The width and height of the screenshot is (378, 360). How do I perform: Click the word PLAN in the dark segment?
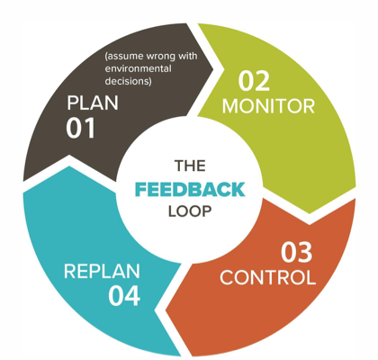93,103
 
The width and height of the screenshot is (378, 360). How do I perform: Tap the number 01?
81,128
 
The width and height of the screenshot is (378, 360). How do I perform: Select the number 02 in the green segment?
254,81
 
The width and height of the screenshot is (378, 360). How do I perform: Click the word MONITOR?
268,106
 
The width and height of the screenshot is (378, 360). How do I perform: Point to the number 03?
297,253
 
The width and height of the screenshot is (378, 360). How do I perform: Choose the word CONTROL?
268,277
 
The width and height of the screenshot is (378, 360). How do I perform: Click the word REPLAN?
102,272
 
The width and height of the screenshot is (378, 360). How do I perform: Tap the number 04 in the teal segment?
124,296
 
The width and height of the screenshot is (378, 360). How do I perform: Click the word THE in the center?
190,166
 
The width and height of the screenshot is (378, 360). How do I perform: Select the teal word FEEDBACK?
190,190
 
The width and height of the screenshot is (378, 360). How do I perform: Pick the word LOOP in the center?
190,211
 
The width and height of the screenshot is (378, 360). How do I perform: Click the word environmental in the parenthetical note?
139,68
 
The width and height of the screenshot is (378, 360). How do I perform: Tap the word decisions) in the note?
128,81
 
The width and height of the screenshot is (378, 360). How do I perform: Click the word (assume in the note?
124,57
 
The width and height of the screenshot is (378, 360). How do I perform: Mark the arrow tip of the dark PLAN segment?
213,69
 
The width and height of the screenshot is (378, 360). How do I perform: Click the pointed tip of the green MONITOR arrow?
310,213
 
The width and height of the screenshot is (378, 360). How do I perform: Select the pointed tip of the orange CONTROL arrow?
166,310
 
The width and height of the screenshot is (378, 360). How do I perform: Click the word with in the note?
188,56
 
